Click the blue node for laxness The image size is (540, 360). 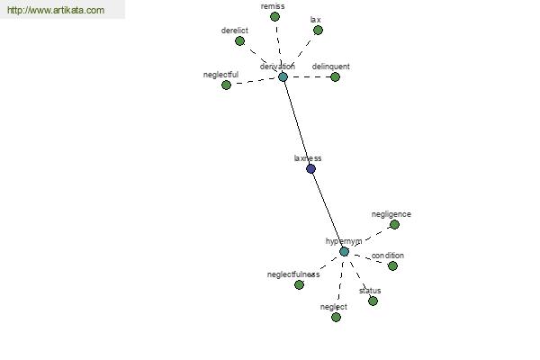pyautogui.click(x=310, y=169)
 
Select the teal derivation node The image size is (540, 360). pyautogui.click(x=283, y=76)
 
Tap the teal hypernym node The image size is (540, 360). pyautogui.click(x=344, y=251)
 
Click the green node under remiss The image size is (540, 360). pyautogui.click(x=274, y=16)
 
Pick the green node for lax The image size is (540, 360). pyautogui.click(x=318, y=31)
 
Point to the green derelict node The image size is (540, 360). pyautogui.click(x=239, y=41)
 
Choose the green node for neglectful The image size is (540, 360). pyautogui.click(x=226, y=85)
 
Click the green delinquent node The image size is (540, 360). pyautogui.click(x=335, y=76)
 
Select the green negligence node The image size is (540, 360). pyautogui.click(x=394, y=225)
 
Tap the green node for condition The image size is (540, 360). pyautogui.click(x=392, y=266)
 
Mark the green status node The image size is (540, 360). pyautogui.click(x=373, y=301)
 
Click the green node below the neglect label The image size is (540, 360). pyautogui.click(x=336, y=317)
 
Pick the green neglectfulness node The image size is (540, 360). pyautogui.click(x=300, y=284)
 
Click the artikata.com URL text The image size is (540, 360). pyautogui.click(x=56, y=10)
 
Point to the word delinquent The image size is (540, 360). pyautogui.click(x=330, y=67)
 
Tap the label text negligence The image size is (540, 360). pyautogui.click(x=391, y=214)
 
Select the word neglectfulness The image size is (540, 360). pyautogui.click(x=293, y=274)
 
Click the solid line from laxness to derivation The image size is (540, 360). pyautogui.click(x=297, y=123)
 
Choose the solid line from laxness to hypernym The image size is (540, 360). pyautogui.click(x=328, y=210)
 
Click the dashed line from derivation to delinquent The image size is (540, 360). pyautogui.click(x=309, y=76)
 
